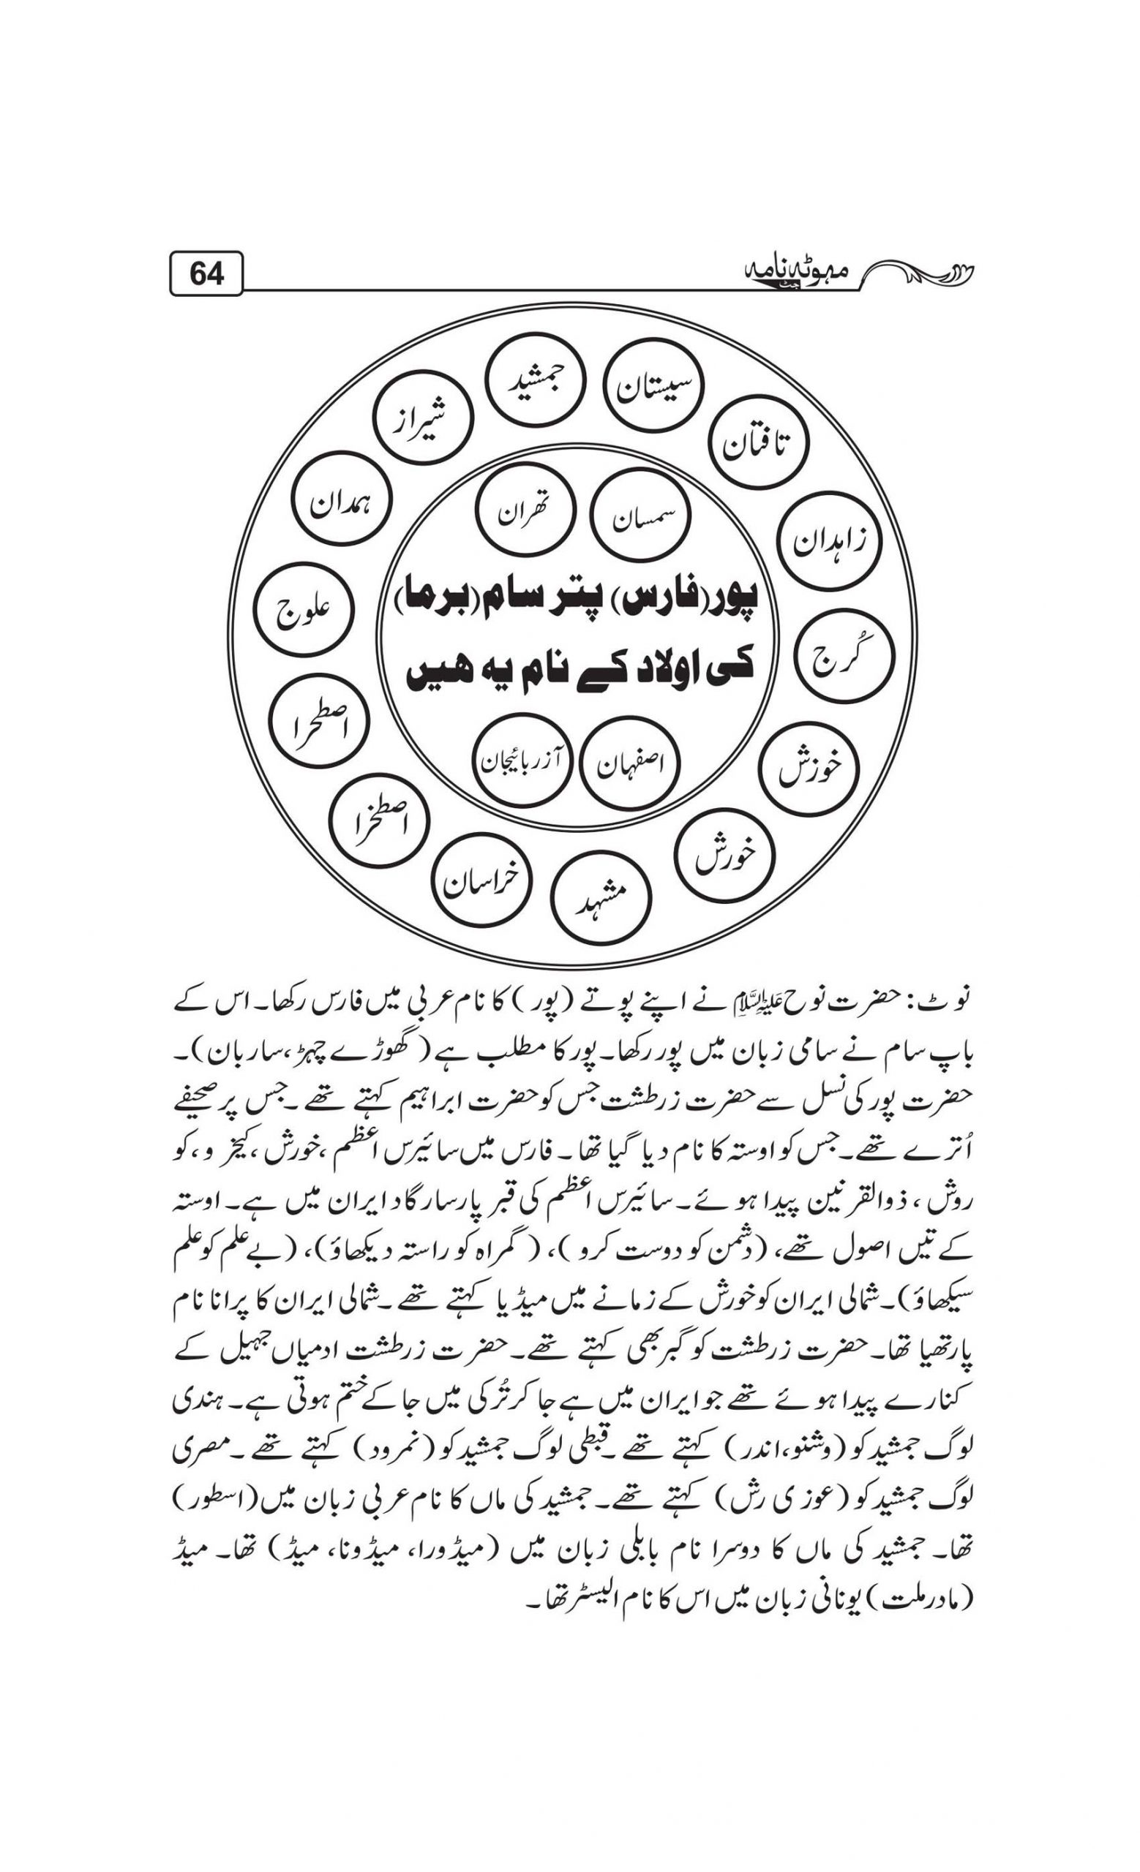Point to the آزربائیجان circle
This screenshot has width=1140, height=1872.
point(524,762)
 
